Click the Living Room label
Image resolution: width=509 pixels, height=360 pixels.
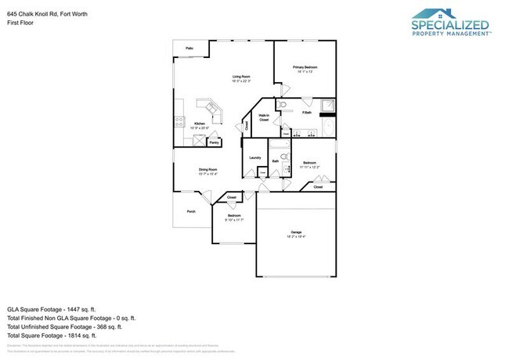click(x=240, y=77)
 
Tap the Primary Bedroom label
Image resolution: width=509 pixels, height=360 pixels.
click(x=305, y=67)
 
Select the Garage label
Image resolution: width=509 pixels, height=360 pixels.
click(x=296, y=232)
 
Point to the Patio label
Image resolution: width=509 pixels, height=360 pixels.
click(x=190, y=49)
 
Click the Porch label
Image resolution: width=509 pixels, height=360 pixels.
click(x=190, y=212)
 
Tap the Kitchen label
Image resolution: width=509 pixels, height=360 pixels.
click(x=199, y=123)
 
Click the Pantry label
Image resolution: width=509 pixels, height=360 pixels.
click(x=214, y=142)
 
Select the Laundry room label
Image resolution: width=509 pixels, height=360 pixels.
click(x=254, y=158)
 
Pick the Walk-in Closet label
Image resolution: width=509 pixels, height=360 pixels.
click(x=264, y=117)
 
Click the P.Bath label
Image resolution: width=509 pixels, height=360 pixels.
click(x=307, y=113)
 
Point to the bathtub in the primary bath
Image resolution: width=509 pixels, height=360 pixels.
click(x=327, y=126)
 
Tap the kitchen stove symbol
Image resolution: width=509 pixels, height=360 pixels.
click(x=179, y=122)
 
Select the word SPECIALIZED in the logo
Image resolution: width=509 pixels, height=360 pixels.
click(x=450, y=25)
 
